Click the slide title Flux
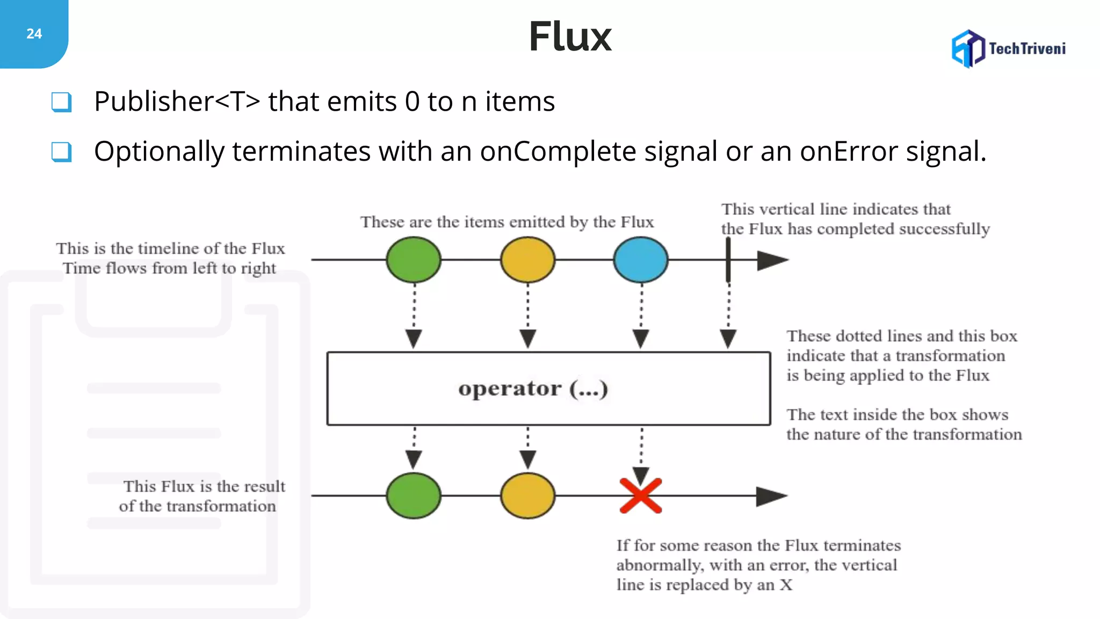(570, 37)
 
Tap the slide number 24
(34, 34)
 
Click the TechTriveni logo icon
(968, 49)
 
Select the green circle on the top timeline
(414, 260)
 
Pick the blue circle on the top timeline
(641, 260)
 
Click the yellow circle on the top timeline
(527, 260)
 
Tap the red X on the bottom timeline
(641, 495)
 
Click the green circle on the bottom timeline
(414, 495)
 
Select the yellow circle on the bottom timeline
(527, 495)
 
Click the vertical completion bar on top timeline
(728, 260)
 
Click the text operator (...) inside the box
(533, 388)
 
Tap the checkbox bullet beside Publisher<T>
(61, 102)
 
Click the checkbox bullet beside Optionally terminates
(61, 152)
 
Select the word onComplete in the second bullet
(558, 152)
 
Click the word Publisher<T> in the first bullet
(177, 102)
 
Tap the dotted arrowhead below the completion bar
(728, 339)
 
